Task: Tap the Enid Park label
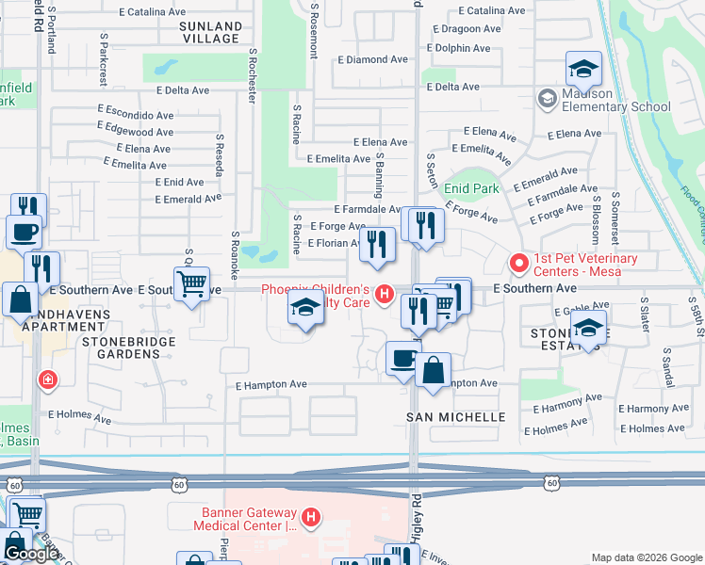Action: pos(471,188)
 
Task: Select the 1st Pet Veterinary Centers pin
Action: pos(517,261)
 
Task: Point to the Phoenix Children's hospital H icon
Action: pos(384,295)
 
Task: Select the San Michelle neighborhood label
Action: pos(456,416)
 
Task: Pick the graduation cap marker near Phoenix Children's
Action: pos(305,308)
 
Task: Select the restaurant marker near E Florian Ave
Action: pos(377,245)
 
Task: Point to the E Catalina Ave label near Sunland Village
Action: pos(157,11)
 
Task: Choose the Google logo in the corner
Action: pos(31,554)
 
